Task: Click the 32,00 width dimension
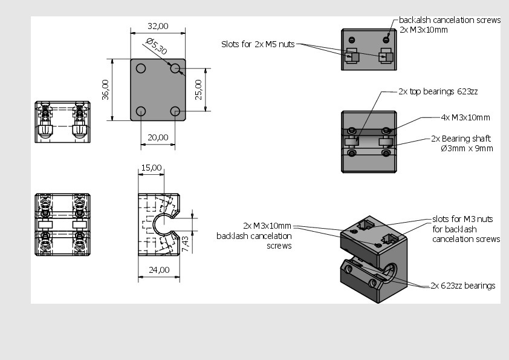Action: (x=158, y=26)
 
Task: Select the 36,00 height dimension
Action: (x=105, y=90)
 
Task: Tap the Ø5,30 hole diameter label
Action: (x=157, y=47)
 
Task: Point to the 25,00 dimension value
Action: (x=198, y=90)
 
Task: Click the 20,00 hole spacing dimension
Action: (x=158, y=137)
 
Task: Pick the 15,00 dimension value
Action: (x=151, y=168)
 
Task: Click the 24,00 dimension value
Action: (x=159, y=270)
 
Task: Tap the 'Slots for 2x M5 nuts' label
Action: (x=258, y=44)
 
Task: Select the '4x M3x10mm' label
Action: (x=465, y=117)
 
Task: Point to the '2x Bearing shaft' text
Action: (x=461, y=139)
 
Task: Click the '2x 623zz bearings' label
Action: (x=462, y=286)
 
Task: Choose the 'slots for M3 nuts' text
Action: (x=462, y=219)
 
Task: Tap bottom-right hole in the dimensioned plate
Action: (x=175, y=111)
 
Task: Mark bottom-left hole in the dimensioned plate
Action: (x=141, y=111)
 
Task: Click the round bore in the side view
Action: (x=162, y=224)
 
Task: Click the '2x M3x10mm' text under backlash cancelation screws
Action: (x=423, y=29)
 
